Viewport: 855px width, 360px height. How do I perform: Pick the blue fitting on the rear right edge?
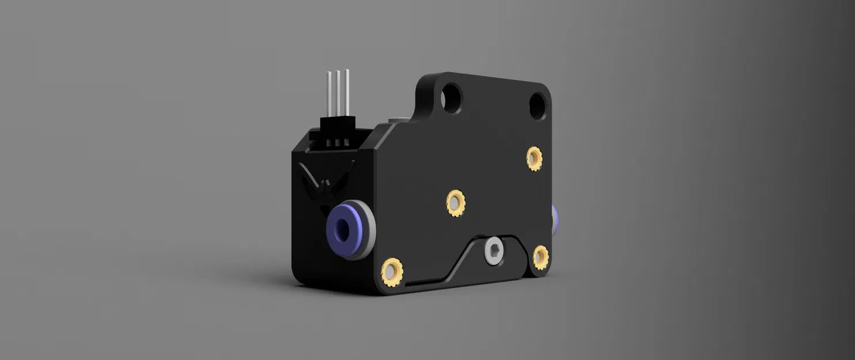coord(555,219)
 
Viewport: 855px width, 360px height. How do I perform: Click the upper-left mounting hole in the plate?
coord(451,98)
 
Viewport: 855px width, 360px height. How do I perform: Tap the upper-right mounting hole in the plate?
coord(537,105)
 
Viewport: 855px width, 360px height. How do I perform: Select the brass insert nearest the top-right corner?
coord(534,158)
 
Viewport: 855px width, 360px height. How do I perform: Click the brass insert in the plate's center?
coord(455,203)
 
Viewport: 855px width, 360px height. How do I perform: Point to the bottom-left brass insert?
coord(392,272)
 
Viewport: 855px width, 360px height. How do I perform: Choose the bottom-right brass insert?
coord(540,257)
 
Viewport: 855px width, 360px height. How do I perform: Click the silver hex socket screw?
coord(494,251)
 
